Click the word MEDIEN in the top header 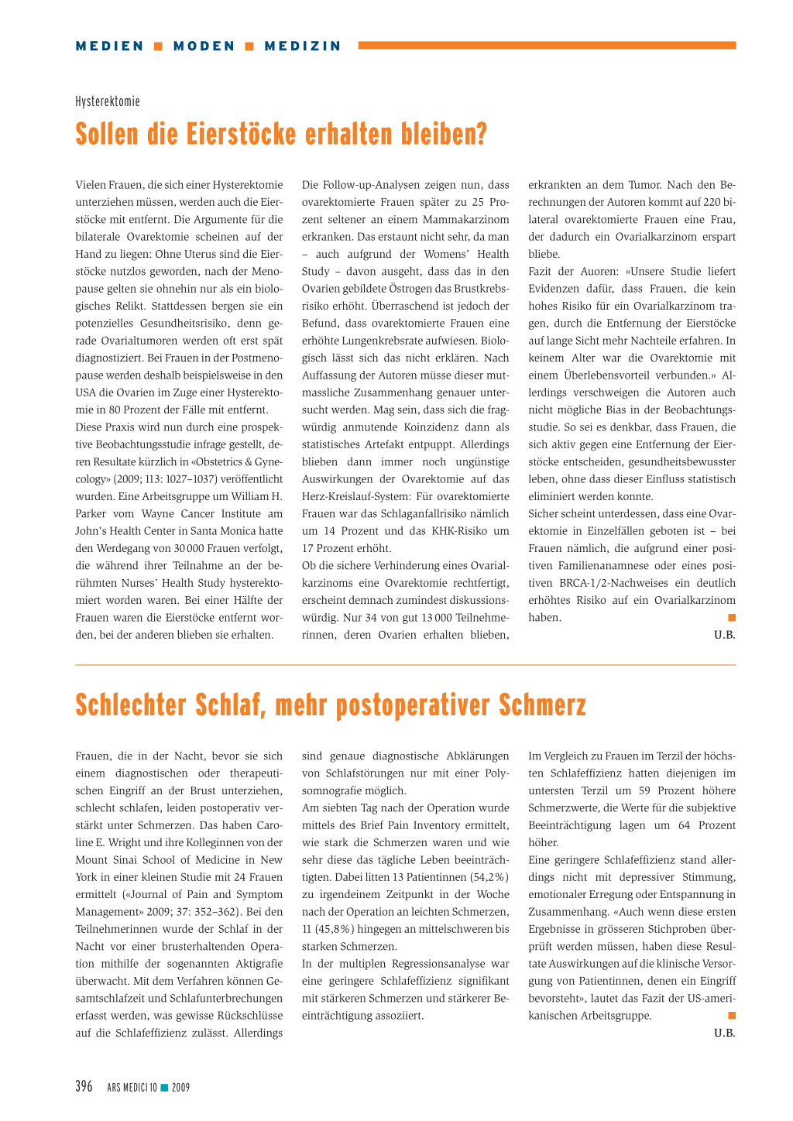tap(110, 46)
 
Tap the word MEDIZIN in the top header tap(303, 46)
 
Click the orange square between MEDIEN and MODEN tap(159, 46)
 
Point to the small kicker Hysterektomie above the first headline tap(108, 101)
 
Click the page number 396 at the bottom tap(84, 1086)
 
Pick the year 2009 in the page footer tap(180, 1088)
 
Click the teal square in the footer tap(164, 1088)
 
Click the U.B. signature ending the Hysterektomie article tap(724, 635)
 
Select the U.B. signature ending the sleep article tap(724, 1033)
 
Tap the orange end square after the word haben tap(732, 617)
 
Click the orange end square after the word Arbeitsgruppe tap(732, 1015)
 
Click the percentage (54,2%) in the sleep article tap(489, 877)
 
